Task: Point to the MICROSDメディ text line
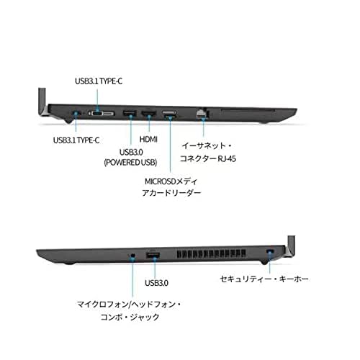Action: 174,180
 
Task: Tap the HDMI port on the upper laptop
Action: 149,112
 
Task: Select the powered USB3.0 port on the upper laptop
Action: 128,112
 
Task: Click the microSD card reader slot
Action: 171,112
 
